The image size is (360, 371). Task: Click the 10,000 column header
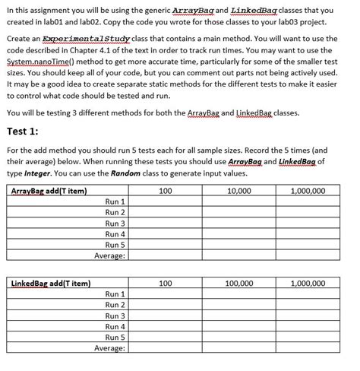pyautogui.click(x=240, y=190)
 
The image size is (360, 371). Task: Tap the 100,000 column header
pyautogui.click(x=240, y=283)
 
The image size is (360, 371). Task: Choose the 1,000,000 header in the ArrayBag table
pyautogui.click(x=308, y=190)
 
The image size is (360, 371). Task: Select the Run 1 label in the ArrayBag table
pyautogui.click(x=115, y=201)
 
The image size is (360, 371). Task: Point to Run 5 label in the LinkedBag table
pyautogui.click(x=115, y=337)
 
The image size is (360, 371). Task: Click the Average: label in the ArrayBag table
pyautogui.click(x=109, y=256)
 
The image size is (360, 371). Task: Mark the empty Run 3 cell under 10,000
pyautogui.click(x=240, y=224)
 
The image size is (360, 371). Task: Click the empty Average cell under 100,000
pyautogui.click(x=240, y=348)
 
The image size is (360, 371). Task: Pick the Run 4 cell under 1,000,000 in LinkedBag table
pyautogui.click(x=308, y=326)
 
